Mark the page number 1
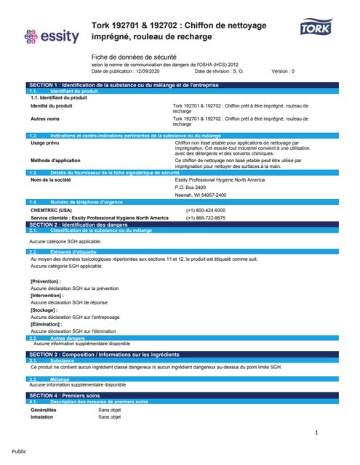coord(316,434)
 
